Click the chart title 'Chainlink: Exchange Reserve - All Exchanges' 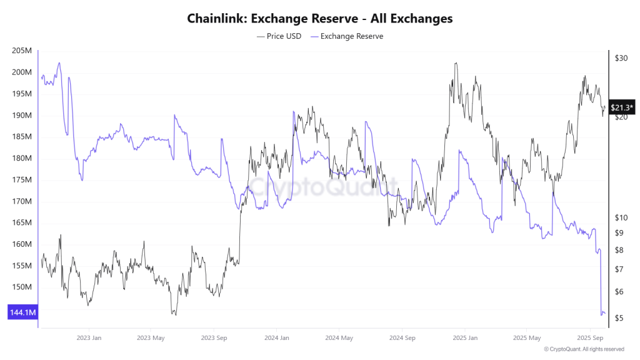pos(320,19)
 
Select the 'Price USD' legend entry pos(279,36)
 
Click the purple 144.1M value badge pos(22,312)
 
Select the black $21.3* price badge pos(622,107)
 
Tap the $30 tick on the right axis pos(621,58)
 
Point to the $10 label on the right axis pos(621,217)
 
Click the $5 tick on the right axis pos(619,318)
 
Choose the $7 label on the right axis pos(619,269)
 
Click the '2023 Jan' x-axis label pos(88,338)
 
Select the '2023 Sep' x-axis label pos(213,338)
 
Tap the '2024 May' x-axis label pos(338,338)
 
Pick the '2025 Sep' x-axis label pos(589,338)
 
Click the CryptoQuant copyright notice pos(584,349)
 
